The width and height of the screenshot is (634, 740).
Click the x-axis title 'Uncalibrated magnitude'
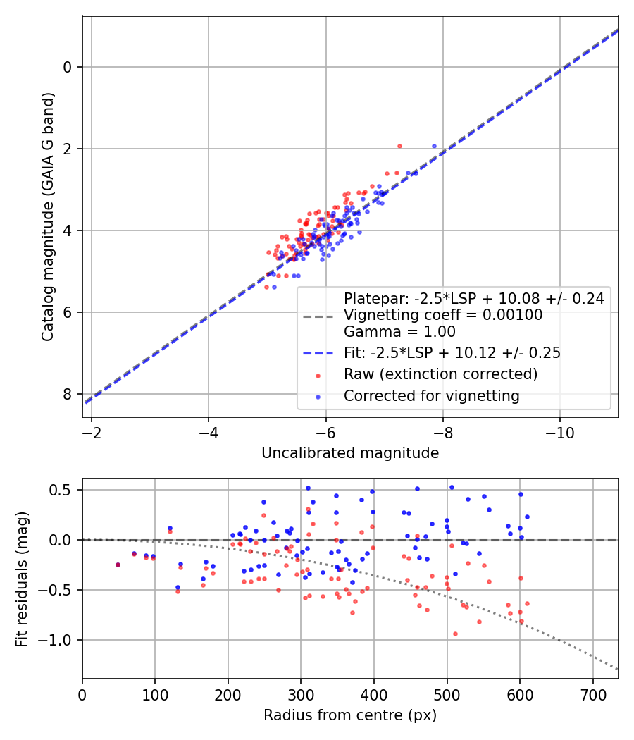click(x=350, y=453)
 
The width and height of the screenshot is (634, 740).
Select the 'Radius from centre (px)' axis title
click(x=350, y=715)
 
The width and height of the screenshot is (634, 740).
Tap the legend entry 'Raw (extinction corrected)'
click(x=440, y=374)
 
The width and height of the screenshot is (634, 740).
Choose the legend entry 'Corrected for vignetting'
click(x=431, y=396)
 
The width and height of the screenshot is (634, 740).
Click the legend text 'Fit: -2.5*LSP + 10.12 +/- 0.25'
click(x=452, y=353)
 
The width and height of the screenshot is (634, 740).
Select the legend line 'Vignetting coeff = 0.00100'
click(x=443, y=315)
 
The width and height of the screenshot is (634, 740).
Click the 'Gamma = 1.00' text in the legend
click(x=399, y=331)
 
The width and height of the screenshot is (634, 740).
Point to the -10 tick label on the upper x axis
click(x=559, y=431)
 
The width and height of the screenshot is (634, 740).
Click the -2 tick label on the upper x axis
click(x=91, y=431)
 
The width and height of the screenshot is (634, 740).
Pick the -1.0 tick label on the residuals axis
click(x=59, y=640)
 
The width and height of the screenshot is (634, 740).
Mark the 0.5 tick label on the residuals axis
click(x=64, y=490)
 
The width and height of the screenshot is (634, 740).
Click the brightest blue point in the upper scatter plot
click(x=434, y=146)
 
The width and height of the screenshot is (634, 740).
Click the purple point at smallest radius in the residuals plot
click(x=118, y=565)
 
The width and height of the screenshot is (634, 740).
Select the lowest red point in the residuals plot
click(x=455, y=634)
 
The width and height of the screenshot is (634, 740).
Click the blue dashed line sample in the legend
click(x=318, y=353)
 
